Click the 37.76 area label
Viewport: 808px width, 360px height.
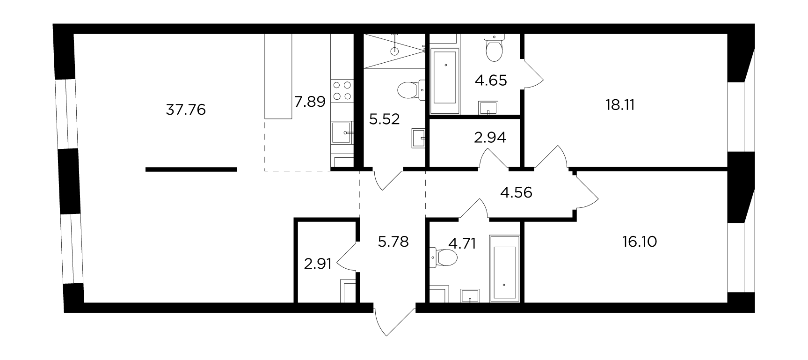[x=186, y=110]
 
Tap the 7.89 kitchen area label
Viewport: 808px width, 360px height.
[x=310, y=101]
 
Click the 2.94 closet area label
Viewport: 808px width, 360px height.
[x=490, y=138]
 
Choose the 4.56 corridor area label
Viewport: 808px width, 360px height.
[x=516, y=192]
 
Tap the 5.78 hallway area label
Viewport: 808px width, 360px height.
[x=393, y=242]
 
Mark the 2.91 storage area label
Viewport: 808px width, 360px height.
[x=318, y=264]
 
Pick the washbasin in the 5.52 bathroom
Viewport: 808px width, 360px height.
[x=418, y=138]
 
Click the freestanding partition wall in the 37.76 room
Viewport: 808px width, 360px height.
[x=191, y=169]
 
